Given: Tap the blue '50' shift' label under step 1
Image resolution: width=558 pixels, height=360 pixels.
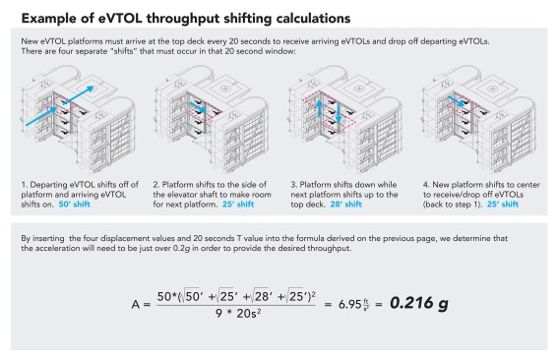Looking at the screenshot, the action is pyautogui.click(x=75, y=205).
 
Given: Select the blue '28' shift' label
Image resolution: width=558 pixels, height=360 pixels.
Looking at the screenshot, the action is pyautogui.click(x=345, y=205).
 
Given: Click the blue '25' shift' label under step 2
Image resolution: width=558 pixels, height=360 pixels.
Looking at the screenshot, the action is pyautogui.click(x=238, y=205).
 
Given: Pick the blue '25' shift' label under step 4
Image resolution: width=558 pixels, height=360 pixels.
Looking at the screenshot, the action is pyautogui.click(x=503, y=205).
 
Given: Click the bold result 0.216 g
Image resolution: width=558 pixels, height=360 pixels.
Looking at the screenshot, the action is pyautogui.click(x=419, y=303).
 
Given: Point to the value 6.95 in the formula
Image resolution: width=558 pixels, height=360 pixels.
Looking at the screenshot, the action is pyautogui.click(x=349, y=304).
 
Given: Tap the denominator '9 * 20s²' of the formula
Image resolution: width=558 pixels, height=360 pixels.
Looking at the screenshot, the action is pyautogui.click(x=238, y=314).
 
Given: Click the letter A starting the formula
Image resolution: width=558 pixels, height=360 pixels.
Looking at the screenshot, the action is pyautogui.click(x=136, y=305).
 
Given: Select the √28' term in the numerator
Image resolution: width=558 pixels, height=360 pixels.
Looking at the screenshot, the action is pyautogui.click(x=263, y=296).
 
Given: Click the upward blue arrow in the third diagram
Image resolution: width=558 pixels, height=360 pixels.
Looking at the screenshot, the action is pyautogui.click(x=320, y=108).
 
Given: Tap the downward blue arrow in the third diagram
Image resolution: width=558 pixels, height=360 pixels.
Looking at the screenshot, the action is pyautogui.click(x=339, y=113).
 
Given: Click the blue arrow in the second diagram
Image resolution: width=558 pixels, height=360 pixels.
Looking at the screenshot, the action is pyautogui.click(x=198, y=107).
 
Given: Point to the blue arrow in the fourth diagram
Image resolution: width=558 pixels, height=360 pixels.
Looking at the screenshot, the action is pyautogui.click(x=457, y=101).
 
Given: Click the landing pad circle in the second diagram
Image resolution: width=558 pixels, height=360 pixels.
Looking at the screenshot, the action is pyautogui.click(x=224, y=89).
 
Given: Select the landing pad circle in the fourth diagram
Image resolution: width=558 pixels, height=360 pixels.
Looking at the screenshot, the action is pyautogui.click(x=492, y=89).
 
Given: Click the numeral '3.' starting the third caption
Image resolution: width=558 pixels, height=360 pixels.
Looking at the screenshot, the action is pyautogui.click(x=293, y=185).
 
